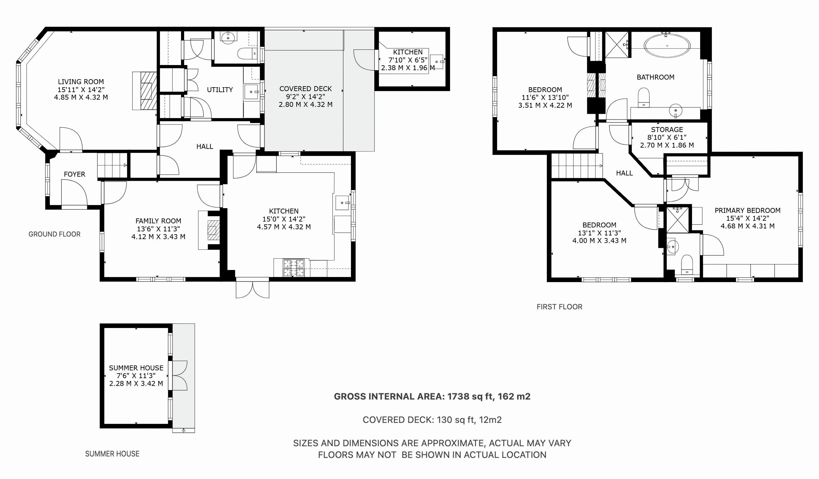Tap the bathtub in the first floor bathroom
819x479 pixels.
click(667, 46)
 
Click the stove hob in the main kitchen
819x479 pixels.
click(294, 268)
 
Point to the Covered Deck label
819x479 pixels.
click(305, 89)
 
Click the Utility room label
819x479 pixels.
click(220, 90)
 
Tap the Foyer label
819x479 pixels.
click(74, 174)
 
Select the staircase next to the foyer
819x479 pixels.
click(112, 165)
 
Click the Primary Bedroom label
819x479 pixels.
click(748, 210)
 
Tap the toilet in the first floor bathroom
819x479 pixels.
click(643, 97)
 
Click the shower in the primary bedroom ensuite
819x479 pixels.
click(678, 219)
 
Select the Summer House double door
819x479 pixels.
click(178, 375)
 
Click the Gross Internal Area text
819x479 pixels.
click(432, 396)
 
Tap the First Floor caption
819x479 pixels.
click(559, 307)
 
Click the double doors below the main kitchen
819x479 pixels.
click(253, 288)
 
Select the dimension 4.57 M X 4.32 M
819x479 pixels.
click(284, 227)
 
